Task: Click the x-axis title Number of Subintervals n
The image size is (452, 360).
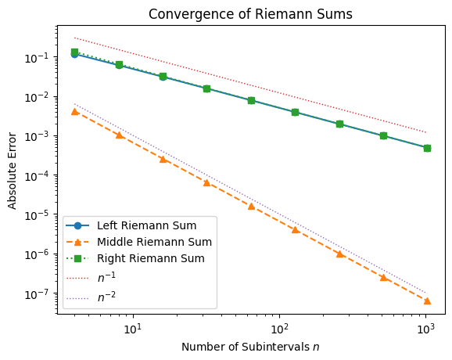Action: point(250,346)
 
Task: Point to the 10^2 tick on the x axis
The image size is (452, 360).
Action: point(279,326)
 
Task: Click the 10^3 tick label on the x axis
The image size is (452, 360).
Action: point(425,326)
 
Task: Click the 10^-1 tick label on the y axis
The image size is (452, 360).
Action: point(39,57)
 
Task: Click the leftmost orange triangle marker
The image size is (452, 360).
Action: point(74,111)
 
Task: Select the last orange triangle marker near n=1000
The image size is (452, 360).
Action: point(427,301)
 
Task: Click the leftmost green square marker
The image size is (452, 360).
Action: point(74,52)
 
